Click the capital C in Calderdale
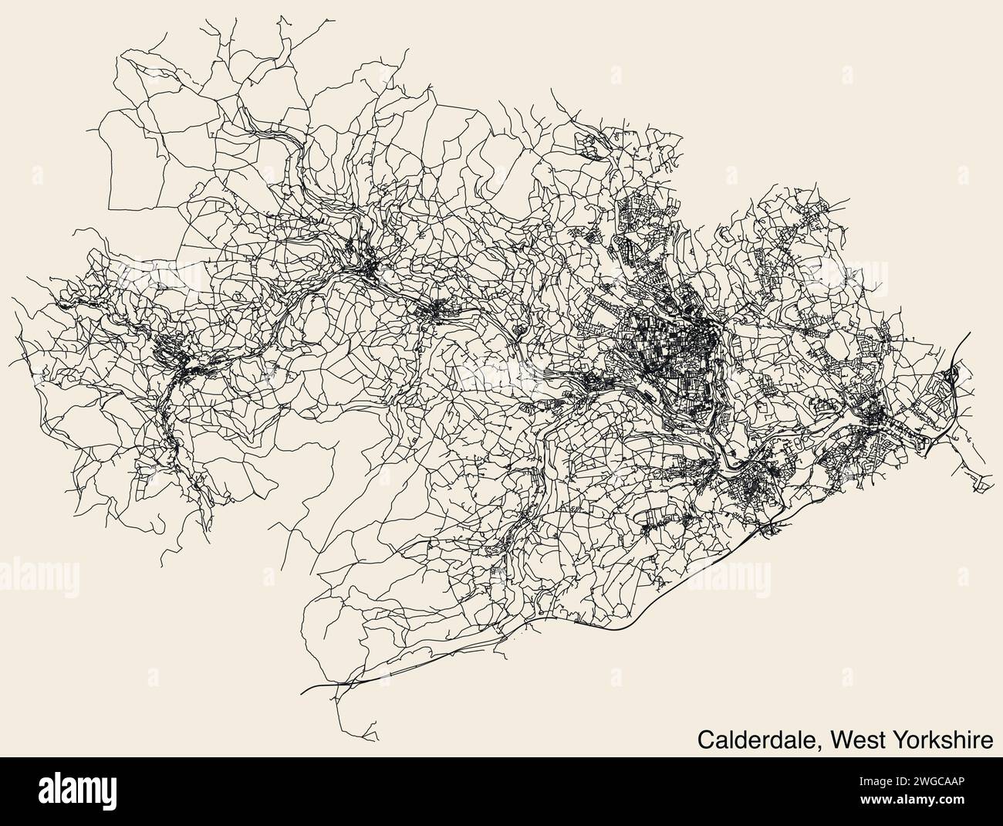pos(706,740)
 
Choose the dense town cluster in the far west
pos(181,363)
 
